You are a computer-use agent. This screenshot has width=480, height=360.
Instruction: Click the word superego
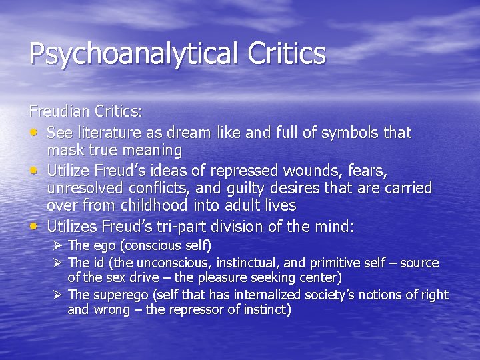(x=118, y=295)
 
